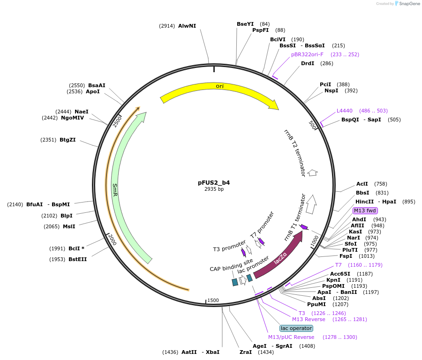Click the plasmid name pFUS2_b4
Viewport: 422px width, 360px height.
coord(214,183)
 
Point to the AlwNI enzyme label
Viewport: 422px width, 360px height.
coord(187,26)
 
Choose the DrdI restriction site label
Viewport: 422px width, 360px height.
coord(308,63)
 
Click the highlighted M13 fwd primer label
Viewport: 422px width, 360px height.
coord(365,210)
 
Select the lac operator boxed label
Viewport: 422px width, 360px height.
coord(296,328)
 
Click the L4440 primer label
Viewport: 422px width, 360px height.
coord(345,111)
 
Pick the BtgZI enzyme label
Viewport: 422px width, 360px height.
coord(68,140)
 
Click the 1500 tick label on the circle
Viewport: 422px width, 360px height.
coord(213,300)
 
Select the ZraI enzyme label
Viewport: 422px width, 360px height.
coord(245,352)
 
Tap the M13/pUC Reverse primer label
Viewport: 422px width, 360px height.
coord(291,337)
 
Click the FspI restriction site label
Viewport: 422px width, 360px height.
coord(346,256)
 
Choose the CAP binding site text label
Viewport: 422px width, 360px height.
coord(231,265)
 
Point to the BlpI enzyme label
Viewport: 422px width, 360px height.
coord(67,216)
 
